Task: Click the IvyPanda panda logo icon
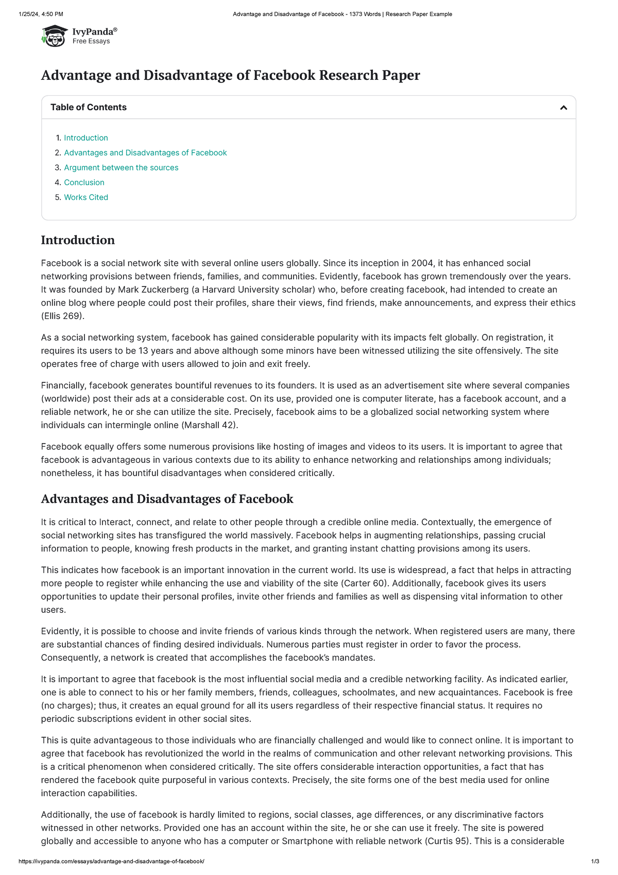(x=55, y=36)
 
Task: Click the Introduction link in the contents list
(x=86, y=138)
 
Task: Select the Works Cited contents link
(x=86, y=197)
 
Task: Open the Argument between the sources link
(x=121, y=167)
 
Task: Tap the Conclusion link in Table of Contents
(x=84, y=182)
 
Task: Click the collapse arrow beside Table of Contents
(x=563, y=108)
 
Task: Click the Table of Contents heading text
(x=89, y=107)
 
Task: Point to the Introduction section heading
(x=78, y=240)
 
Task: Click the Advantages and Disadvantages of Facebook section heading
(x=167, y=499)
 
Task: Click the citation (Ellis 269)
(x=62, y=316)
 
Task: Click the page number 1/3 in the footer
(x=595, y=862)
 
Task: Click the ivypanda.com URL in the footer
(x=111, y=862)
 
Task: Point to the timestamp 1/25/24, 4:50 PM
(x=41, y=14)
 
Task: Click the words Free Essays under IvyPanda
(x=91, y=41)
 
